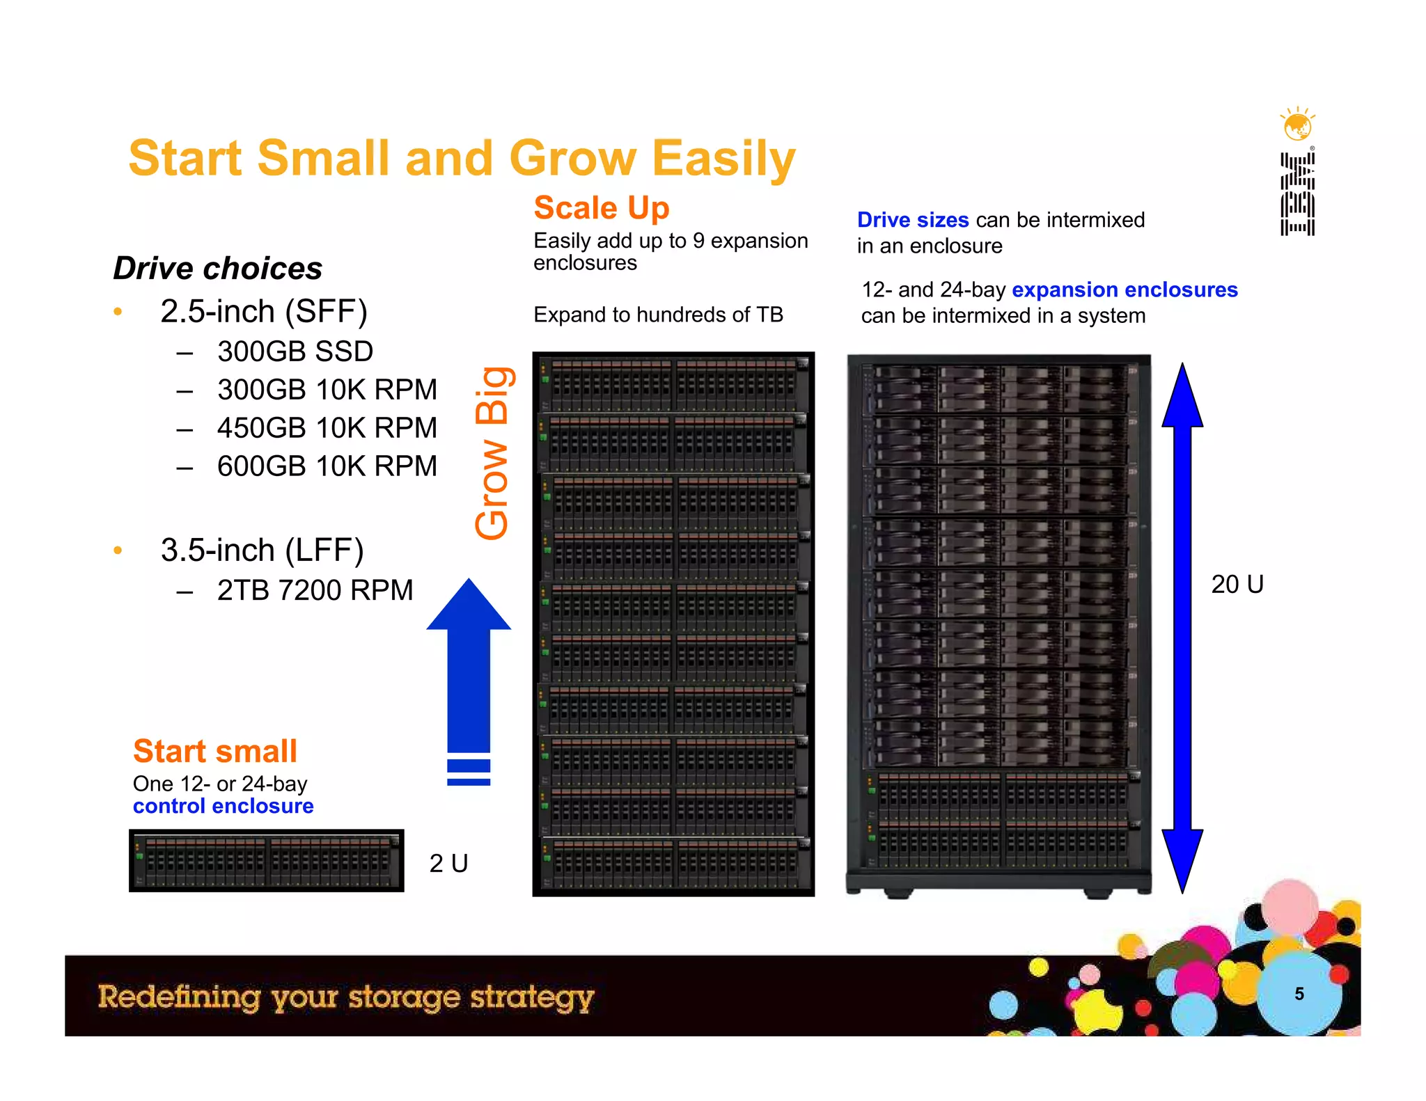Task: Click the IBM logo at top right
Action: coord(1297,194)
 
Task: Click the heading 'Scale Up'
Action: coord(601,208)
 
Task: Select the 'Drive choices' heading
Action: coord(217,268)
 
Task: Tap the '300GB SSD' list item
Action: coord(295,351)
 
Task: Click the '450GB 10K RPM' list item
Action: coord(327,428)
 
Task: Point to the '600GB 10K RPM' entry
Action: coord(327,466)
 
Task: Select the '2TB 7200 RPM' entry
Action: coord(314,590)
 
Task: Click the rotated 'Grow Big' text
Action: coord(492,453)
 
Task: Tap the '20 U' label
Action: coord(1237,584)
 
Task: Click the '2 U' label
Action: coord(448,863)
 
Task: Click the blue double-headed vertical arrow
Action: coord(1182,626)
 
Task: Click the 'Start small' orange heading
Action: coord(214,751)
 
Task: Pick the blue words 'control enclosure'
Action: coord(223,806)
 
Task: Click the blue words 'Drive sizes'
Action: coord(912,220)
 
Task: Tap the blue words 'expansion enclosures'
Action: coord(1124,290)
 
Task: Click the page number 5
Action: coord(1299,994)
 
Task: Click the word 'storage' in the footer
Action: coord(404,997)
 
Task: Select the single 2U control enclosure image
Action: coord(266,860)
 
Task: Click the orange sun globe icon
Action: coord(1297,125)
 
